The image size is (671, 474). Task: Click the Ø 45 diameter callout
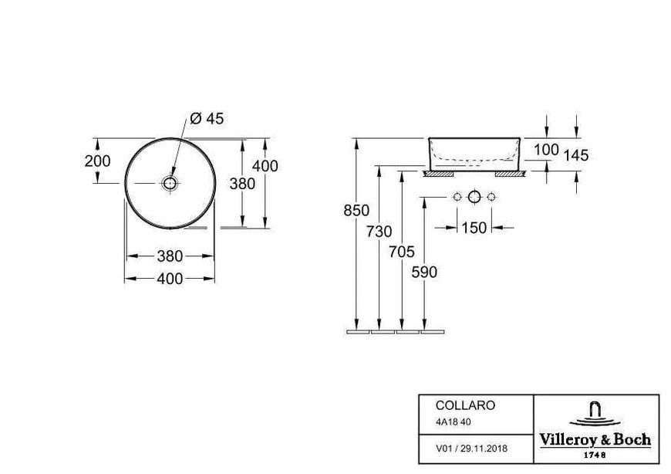pos(207,119)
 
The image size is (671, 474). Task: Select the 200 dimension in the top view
pos(98,161)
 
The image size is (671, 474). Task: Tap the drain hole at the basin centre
pos(170,183)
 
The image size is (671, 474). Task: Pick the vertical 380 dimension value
pos(242,184)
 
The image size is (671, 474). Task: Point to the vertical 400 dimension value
pos(265,166)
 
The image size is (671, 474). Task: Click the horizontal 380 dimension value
pos(170,256)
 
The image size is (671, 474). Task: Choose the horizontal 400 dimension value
pos(170,279)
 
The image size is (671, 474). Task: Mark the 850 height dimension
pos(356,210)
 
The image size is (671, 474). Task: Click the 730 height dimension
pos(379,232)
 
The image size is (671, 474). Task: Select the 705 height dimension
pos(402,252)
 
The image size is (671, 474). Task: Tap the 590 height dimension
pos(424,272)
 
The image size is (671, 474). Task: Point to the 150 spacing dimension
pos(474,228)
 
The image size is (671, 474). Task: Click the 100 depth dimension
pos(547,150)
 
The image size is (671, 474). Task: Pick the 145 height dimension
pos(576,155)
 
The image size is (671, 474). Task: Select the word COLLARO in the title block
pos(465,405)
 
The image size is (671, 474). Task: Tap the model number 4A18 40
pos(454,422)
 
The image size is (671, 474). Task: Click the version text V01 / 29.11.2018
pos(471,449)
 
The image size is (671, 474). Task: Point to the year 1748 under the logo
pos(595,455)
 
